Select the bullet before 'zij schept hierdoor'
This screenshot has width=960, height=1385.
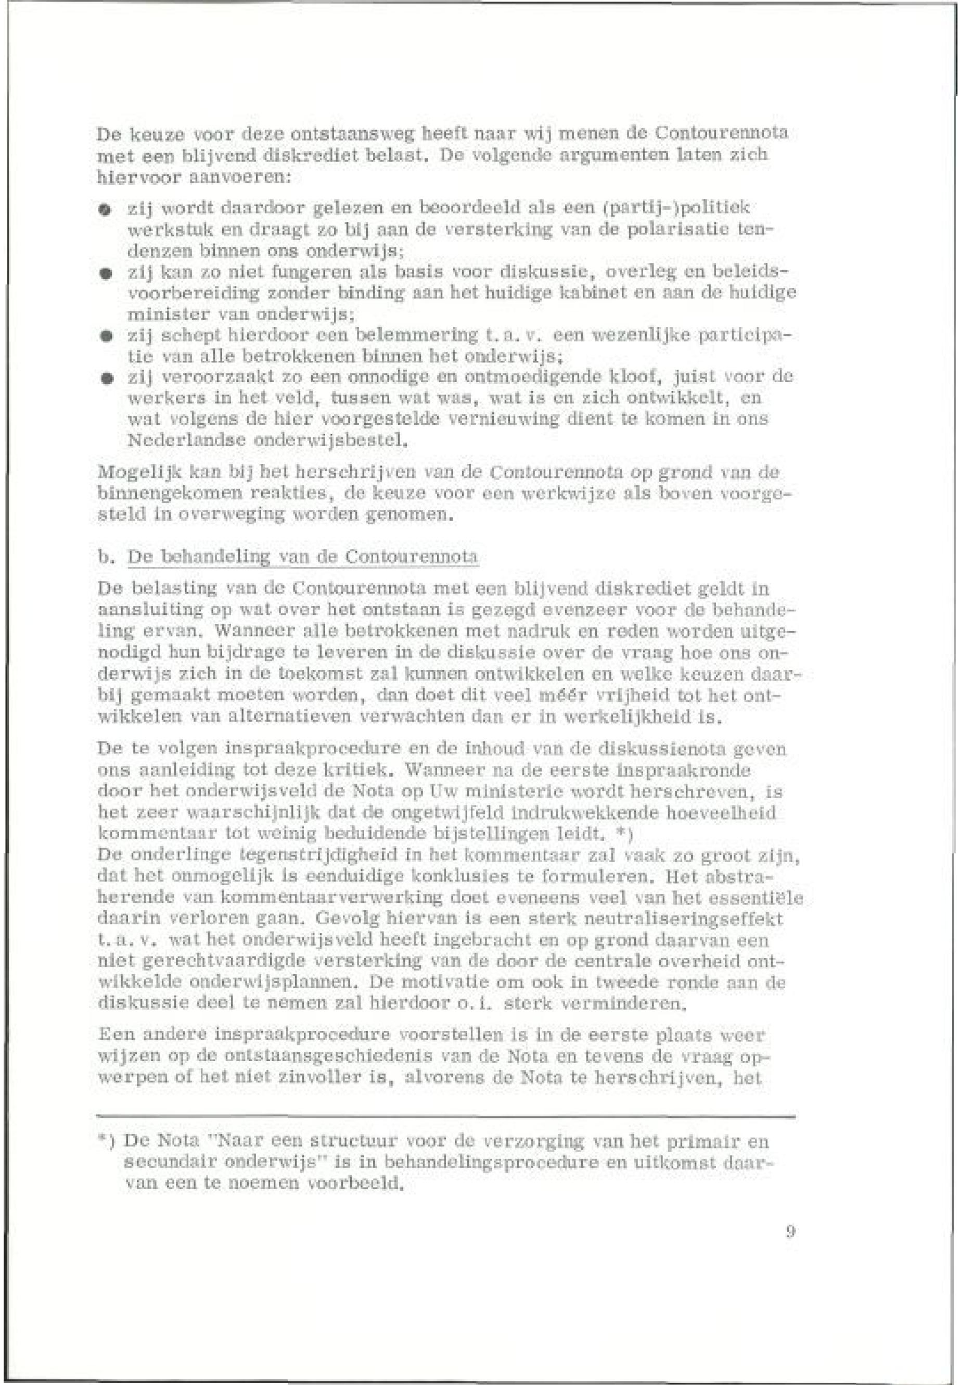[105, 336]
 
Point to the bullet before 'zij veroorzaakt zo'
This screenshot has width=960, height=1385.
[105, 378]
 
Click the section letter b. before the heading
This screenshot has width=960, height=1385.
[105, 557]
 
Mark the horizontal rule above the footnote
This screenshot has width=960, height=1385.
[445, 1118]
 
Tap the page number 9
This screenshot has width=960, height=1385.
[790, 1231]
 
